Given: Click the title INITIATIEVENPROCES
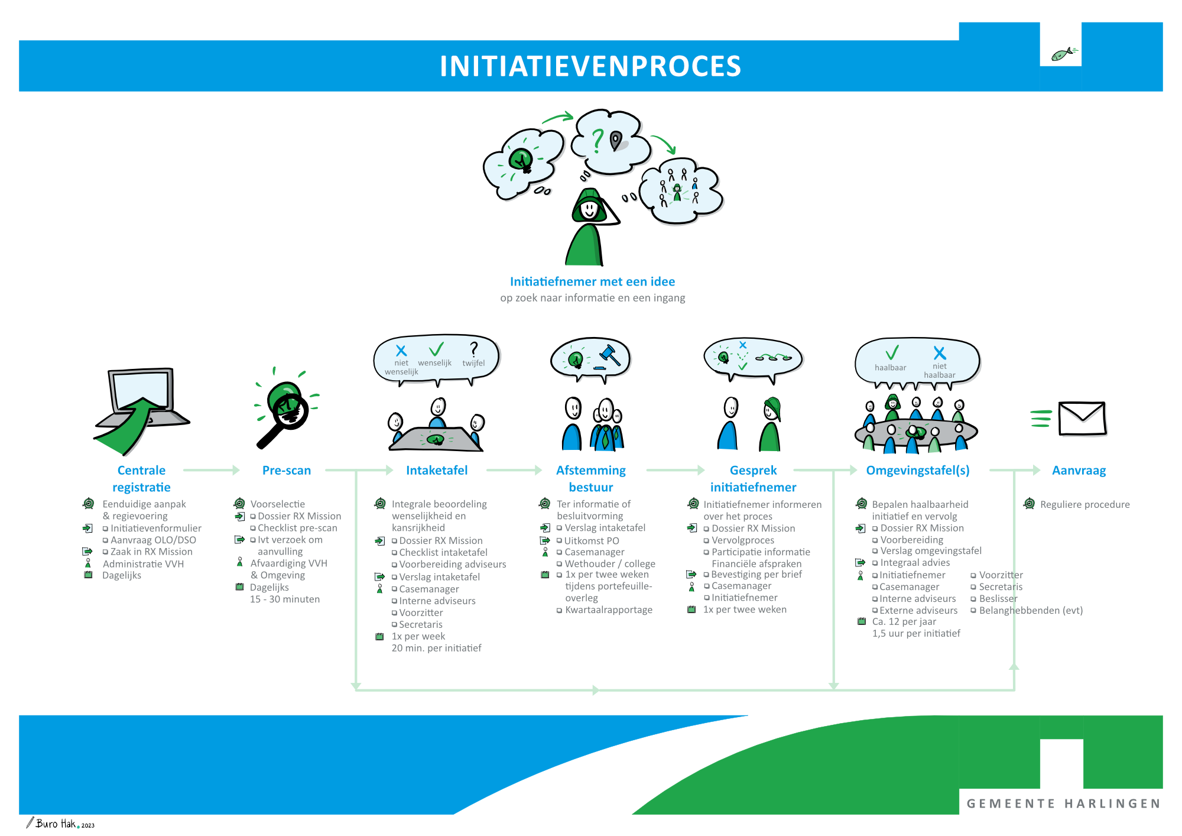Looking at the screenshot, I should [x=590, y=66].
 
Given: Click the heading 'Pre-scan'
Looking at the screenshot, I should [x=286, y=470].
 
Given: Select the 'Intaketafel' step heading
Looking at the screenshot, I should [x=436, y=470].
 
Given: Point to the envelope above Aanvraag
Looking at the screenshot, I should [x=1082, y=419].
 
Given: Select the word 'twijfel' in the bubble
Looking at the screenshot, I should [x=473, y=363].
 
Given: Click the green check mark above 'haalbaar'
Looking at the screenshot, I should [x=892, y=353].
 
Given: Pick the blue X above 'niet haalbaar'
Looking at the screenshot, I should [x=939, y=353].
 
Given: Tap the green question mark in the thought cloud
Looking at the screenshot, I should [x=598, y=140].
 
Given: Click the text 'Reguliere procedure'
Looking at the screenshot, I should [x=1084, y=504].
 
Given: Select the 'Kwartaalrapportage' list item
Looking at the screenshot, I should [x=608, y=610].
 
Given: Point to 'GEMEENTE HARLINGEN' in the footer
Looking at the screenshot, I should [x=1063, y=803].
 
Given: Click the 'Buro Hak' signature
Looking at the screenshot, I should [x=56, y=824].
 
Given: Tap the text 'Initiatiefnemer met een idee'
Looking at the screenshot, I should [x=592, y=281].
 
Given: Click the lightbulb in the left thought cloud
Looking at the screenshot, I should [x=521, y=158].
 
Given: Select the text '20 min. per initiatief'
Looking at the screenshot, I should [x=436, y=648].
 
